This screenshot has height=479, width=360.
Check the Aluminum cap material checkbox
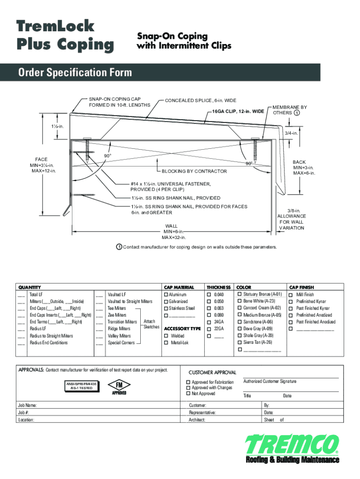pos(166,295)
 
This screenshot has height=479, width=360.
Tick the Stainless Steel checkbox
pos(166,308)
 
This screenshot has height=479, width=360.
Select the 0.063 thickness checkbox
pos(209,308)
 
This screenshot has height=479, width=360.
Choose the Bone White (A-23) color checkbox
pos(240,301)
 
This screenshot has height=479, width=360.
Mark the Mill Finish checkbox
pos(292,295)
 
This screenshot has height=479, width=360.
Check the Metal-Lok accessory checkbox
pos(166,343)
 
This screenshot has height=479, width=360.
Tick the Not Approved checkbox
pos(188,394)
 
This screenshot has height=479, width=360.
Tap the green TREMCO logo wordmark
pos(292,445)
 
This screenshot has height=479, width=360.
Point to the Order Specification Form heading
pos(75,73)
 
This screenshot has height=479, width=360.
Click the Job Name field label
pos(28,406)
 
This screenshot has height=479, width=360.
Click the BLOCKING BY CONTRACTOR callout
pos(194,171)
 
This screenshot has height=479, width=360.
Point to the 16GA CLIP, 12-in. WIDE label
pos(238,112)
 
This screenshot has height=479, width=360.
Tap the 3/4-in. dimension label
pos(292,133)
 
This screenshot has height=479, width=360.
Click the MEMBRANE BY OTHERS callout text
pos(290,110)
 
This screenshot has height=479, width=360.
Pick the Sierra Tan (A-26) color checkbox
pos(240,342)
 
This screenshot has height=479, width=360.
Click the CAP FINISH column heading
pos(302,287)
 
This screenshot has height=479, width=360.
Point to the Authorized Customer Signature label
pos(270,382)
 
